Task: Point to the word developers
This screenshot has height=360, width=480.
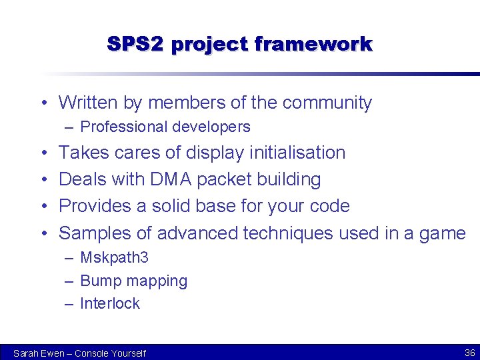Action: point(211,127)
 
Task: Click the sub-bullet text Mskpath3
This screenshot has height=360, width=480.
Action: point(114,258)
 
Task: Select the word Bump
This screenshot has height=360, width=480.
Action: point(100,281)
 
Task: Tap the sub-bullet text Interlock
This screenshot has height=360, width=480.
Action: point(109,303)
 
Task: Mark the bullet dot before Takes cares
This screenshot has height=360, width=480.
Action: point(43,153)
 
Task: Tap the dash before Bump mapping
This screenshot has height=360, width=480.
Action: point(69,281)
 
